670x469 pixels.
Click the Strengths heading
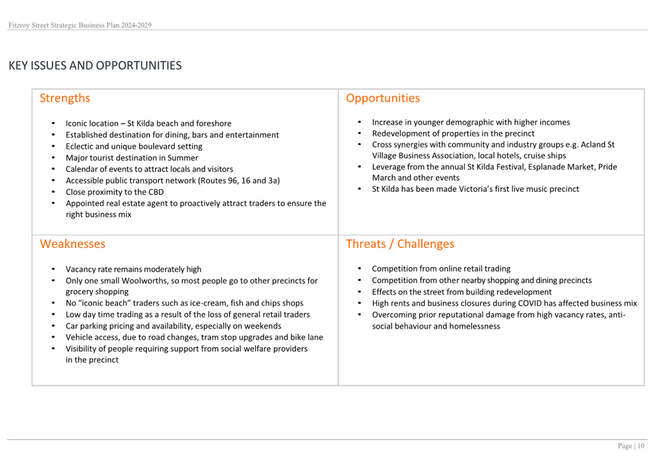65,98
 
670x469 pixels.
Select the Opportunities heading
383,98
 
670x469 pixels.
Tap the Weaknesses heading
73,244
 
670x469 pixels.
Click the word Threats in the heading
366,244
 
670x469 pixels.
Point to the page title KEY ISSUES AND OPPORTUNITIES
95,66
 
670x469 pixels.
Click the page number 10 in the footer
641,446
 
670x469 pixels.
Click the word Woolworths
144,281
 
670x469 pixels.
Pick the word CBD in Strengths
155,192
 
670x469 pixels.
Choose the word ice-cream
208,303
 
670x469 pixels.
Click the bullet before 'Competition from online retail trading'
359,269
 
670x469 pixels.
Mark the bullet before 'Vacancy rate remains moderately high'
53,269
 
